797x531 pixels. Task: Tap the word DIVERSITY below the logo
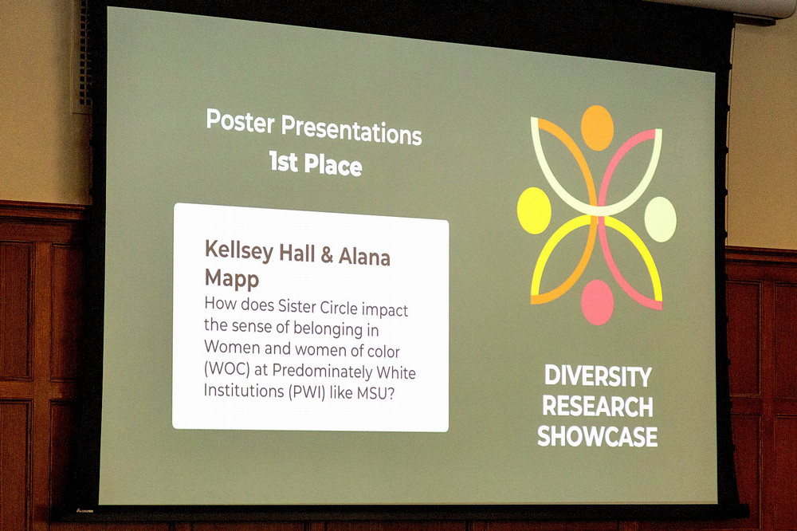point(597,376)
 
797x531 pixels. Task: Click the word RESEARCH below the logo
point(597,406)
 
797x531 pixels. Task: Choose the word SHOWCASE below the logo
point(597,436)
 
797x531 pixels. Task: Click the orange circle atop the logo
point(597,127)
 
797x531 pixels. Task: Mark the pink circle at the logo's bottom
point(597,302)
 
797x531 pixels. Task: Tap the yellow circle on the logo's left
point(534,210)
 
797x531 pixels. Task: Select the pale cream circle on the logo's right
point(660,218)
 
